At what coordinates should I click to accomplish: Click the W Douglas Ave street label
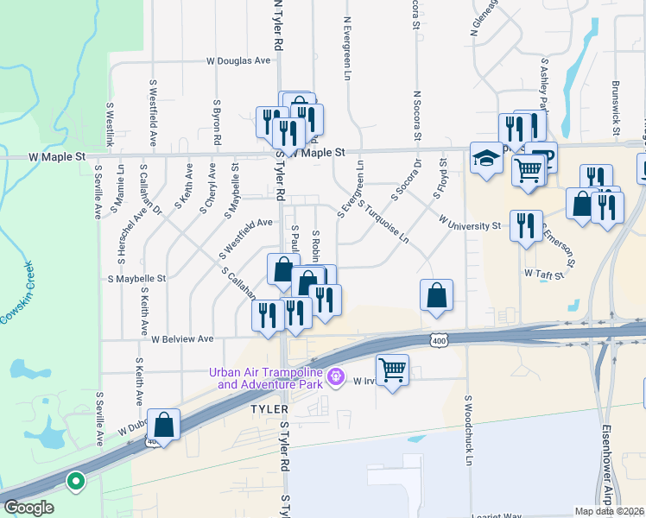(238, 61)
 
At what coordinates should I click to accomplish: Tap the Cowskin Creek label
(17, 293)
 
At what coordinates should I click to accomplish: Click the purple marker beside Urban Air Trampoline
(337, 377)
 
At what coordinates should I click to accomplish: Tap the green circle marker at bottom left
(76, 482)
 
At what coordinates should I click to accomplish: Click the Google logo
(28, 508)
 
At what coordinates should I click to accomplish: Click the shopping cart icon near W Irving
(393, 370)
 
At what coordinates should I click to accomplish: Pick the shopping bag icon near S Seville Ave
(163, 425)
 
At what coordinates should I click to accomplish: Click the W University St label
(470, 224)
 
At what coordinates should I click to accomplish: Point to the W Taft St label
(543, 273)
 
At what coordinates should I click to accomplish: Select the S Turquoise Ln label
(383, 222)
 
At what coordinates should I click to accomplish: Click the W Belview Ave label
(181, 339)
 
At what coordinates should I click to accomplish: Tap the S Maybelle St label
(136, 279)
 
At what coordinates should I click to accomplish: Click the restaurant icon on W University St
(526, 225)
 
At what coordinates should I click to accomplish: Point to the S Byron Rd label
(216, 122)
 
